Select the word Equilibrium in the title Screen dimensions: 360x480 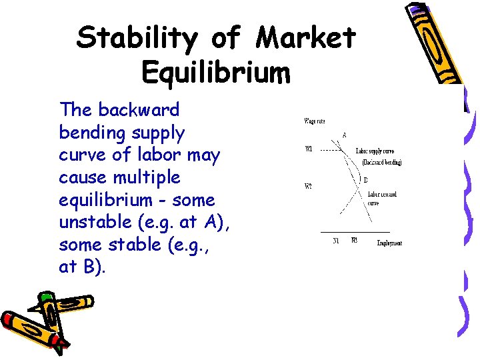pos(216,72)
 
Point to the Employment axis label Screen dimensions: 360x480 pos(389,243)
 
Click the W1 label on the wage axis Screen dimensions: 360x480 pos(309,149)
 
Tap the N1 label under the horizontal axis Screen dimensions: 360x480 pos(337,241)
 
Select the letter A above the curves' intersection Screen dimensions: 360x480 pos(344,135)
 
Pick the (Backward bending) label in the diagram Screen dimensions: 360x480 pos(381,162)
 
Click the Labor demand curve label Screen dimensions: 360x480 pos(382,198)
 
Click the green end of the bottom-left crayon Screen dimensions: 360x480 pos(45,297)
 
